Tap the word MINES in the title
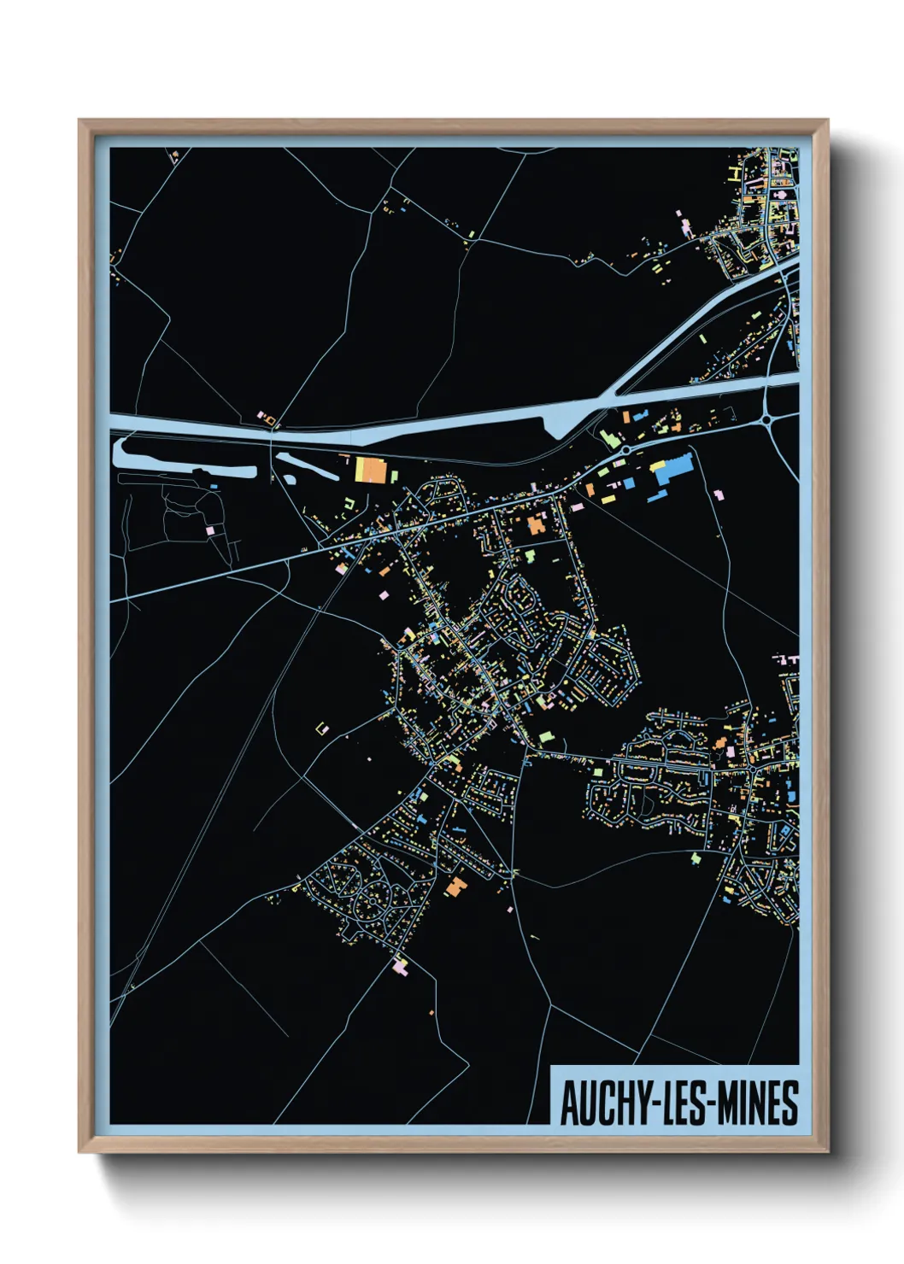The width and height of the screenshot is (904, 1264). click(x=757, y=1103)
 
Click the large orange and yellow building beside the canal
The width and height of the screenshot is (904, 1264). click(x=370, y=470)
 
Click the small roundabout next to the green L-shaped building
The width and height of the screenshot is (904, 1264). click(x=626, y=449)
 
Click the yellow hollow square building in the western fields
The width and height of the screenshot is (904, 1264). click(x=322, y=729)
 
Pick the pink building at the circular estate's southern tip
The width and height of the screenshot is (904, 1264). click(x=400, y=967)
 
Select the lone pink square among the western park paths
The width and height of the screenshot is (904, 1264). click(x=209, y=530)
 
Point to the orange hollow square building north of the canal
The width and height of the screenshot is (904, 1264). click(x=267, y=418)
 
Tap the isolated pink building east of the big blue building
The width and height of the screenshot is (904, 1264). click(x=719, y=494)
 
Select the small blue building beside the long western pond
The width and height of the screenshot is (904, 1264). click(x=213, y=486)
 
